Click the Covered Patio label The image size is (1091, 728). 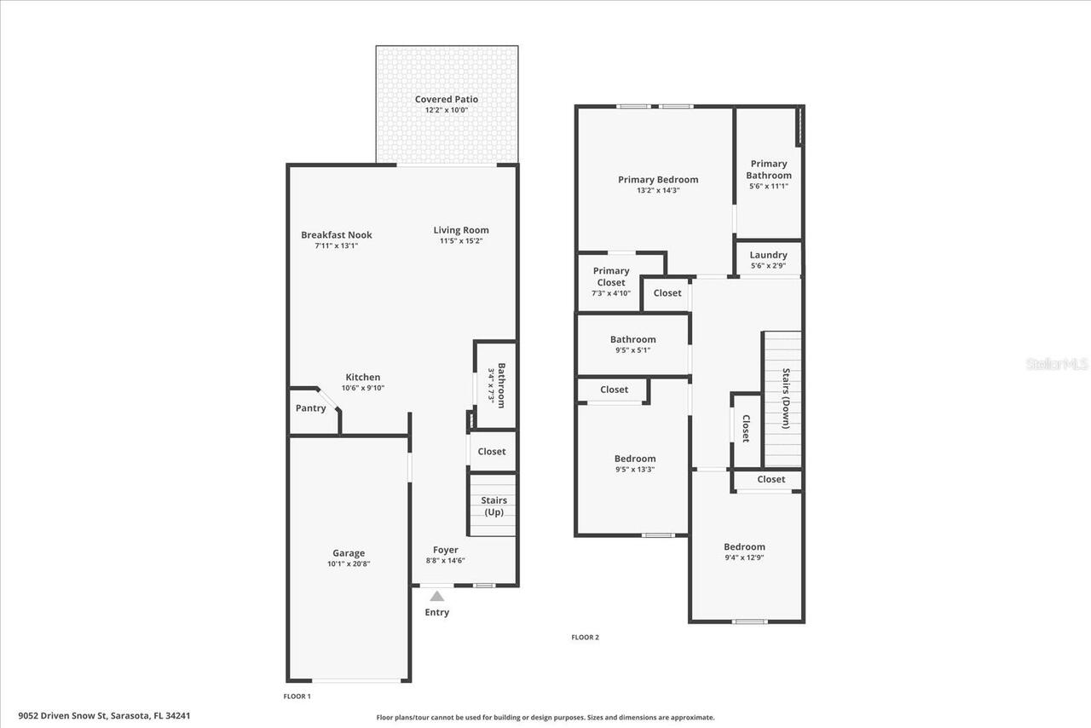(446, 99)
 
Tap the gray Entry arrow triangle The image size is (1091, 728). (436, 596)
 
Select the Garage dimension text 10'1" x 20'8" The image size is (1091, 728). (349, 563)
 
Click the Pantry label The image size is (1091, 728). (310, 408)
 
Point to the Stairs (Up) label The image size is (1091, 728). (494, 506)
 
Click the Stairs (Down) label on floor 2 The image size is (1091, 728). (786, 397)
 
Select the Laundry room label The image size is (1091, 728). (768, 255)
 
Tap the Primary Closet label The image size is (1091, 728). (610, 276)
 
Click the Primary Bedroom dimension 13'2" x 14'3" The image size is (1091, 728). (658, 190)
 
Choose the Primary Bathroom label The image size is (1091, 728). (768, 170)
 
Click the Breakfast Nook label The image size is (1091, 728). (336, 235)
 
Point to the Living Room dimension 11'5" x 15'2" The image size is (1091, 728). (460, 241)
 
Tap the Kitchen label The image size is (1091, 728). (362, 378)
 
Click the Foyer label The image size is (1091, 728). (445, 550)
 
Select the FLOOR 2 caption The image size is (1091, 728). (585, 637)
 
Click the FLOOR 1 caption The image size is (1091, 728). (297, 696)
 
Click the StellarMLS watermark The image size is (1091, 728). (1057, 364)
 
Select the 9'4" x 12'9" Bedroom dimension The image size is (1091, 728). (744, 558)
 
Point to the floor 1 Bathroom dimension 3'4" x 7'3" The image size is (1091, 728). (491, 385)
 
